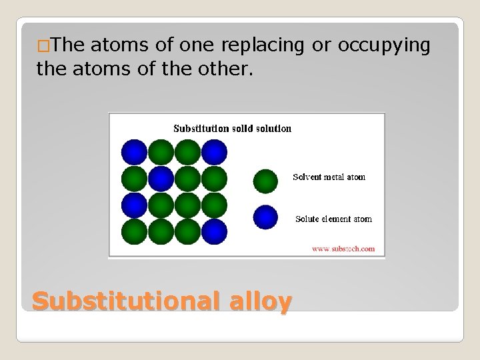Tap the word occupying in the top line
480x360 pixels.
[384, 45]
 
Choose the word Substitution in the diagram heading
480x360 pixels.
[201, 128]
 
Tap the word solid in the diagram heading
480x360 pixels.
[244, 128]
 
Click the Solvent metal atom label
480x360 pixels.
[329, 177]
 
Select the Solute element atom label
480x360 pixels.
[333, 219]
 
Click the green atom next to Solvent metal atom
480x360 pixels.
[266, 181]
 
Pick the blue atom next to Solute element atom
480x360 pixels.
[266, 217]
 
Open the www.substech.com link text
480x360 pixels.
[343, 249]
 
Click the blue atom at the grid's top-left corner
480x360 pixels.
[134, 152]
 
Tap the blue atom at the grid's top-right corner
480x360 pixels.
[214, 152]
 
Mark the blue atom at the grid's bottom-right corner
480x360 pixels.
[214, 231]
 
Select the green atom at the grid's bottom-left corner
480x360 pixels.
[134, 231]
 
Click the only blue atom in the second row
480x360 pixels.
[161, 179]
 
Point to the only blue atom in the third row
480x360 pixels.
[134, 205]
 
